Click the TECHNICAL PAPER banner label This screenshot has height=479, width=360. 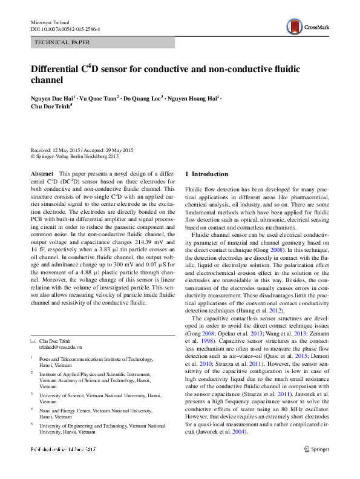pyautogui.click(x=63, y=43)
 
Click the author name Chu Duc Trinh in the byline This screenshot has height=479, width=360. pyautogui.click(x=51, y=105)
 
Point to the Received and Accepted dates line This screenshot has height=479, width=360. pyautogui.click(x=82, y=150)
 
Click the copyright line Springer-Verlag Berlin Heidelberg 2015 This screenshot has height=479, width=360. pyautogui.click(x=84, y=156)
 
